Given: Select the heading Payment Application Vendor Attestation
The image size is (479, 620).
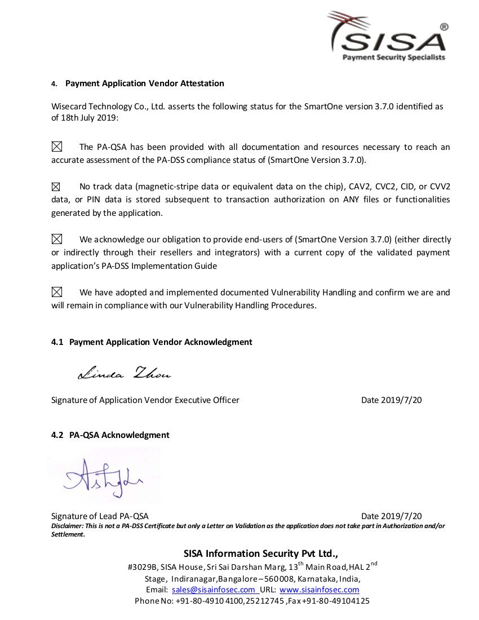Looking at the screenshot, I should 144,83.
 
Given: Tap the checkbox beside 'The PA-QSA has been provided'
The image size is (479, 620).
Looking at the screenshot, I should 57,147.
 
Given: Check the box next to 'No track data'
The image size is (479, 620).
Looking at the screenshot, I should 56,187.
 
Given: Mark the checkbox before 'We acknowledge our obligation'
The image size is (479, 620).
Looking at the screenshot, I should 57,240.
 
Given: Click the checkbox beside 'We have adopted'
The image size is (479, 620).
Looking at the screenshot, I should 57,292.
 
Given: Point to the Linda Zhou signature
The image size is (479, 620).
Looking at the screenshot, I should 124,373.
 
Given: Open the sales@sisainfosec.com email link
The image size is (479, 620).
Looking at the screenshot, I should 214,590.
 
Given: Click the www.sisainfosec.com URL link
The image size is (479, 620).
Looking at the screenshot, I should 319,590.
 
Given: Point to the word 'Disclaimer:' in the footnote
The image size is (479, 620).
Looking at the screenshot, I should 67,526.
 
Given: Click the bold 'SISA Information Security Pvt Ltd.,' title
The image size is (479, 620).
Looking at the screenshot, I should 260,553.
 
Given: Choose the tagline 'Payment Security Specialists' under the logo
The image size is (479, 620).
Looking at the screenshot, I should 394,57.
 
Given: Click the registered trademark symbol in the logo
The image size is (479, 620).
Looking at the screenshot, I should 443,26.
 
